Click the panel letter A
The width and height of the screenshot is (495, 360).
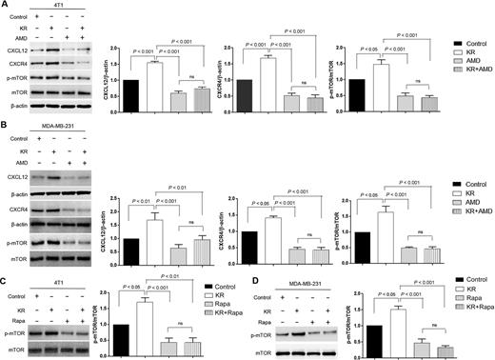click(6, 6)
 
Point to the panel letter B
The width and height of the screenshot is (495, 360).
click(6, 124)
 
